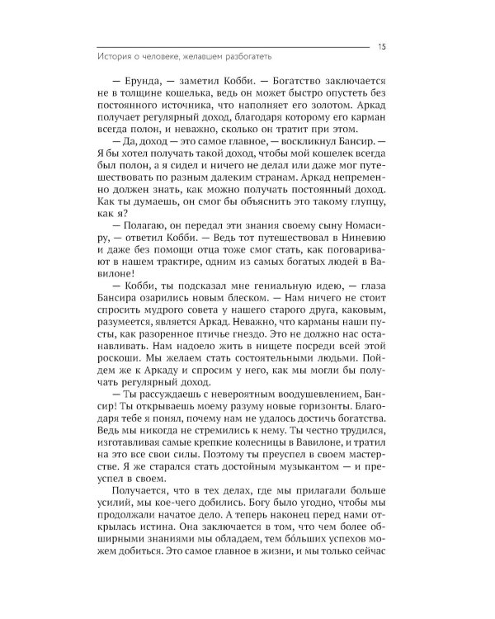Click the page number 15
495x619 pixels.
pos(379,45)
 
